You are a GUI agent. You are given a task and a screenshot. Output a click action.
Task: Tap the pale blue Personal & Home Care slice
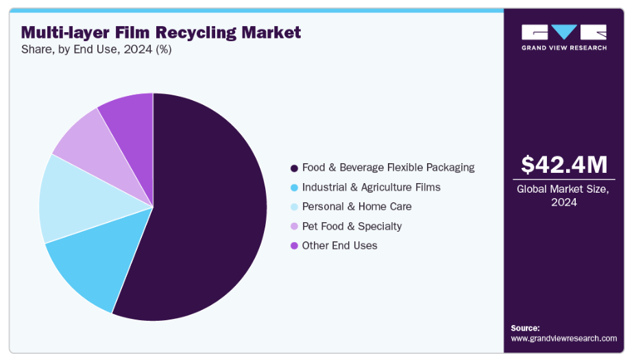(72, 199)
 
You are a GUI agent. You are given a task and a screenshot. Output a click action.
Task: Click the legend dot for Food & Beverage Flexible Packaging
(294, 168)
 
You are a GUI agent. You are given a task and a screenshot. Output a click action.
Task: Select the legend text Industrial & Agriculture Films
(371, 187)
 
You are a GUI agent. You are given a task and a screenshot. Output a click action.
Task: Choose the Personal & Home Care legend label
(356, 206)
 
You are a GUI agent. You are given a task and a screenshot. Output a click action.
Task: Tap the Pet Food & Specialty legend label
(352, 226)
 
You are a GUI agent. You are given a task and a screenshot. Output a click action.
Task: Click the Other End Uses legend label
(339, 245)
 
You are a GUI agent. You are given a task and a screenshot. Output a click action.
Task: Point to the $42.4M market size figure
(564, 165)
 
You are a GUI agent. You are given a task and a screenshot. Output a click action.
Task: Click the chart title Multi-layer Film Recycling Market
(161, 32)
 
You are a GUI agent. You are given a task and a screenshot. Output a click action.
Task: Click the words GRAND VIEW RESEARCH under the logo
(564, 47)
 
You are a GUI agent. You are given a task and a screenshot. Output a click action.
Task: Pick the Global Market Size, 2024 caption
(564, 196)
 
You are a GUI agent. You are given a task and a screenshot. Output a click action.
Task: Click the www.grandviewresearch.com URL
(563, 338)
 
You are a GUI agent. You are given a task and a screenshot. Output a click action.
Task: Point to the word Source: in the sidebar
(525, 328)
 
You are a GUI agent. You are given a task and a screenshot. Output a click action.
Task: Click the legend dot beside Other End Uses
(294, 245)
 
